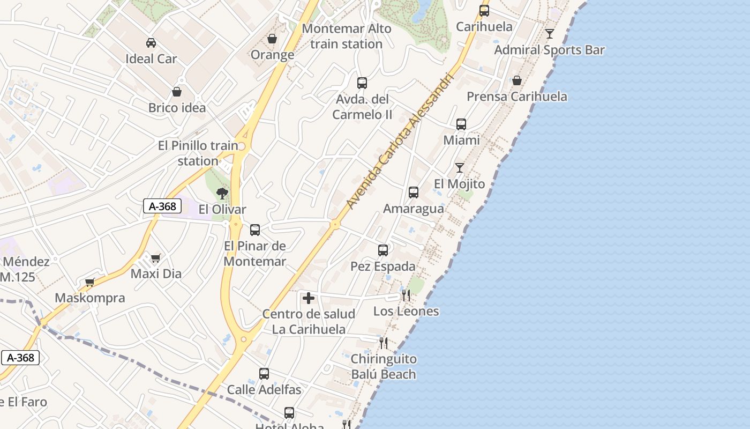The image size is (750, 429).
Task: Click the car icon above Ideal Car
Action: coord(151,43)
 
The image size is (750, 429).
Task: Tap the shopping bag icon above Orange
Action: coord(272,39)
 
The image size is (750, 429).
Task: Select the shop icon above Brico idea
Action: coord(177,92)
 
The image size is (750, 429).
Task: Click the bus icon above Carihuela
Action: coord(484,10)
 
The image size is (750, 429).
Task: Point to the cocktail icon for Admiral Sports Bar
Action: coord(550,34)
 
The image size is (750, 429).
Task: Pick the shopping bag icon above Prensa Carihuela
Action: coord(517,80)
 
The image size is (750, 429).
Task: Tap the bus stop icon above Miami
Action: coord(461,124)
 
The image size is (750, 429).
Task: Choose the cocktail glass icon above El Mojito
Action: coord(460,168)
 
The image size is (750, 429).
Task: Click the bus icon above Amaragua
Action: coord(414,193)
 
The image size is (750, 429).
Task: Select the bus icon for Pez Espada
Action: coord(383,250)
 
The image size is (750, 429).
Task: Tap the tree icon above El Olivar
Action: coord(222,194)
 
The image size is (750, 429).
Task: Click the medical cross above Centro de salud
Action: coord(309,298)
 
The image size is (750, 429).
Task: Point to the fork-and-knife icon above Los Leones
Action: coord(406,295)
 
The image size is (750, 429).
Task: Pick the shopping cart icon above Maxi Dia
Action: coord(156,258)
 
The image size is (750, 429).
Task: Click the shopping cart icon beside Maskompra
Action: coord(90,282)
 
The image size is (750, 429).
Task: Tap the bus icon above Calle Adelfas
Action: coord(264,374)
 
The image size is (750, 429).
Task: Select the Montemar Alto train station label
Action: coord(347,36)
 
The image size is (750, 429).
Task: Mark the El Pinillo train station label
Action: coord(198,153)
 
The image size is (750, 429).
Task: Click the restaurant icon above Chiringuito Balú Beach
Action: coord(384,343)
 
